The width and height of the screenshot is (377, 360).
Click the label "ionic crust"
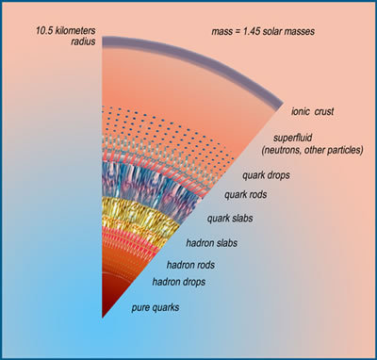coord(312,112)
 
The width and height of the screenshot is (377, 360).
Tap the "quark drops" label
coord(266,175)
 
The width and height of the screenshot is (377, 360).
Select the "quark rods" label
coord(245,195)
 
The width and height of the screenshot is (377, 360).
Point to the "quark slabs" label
coord(230,219)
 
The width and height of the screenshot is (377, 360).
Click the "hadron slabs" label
coord(211,243)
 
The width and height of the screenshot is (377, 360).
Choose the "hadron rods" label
coord(190,265)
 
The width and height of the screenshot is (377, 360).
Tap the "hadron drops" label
coord(179,282)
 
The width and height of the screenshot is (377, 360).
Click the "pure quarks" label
coord(156,307)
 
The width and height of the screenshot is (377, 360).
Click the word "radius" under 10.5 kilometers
coord(83,41)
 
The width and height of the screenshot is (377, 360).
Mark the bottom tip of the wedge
coord(102,318)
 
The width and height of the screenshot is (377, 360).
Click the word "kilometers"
coord(75,31)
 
